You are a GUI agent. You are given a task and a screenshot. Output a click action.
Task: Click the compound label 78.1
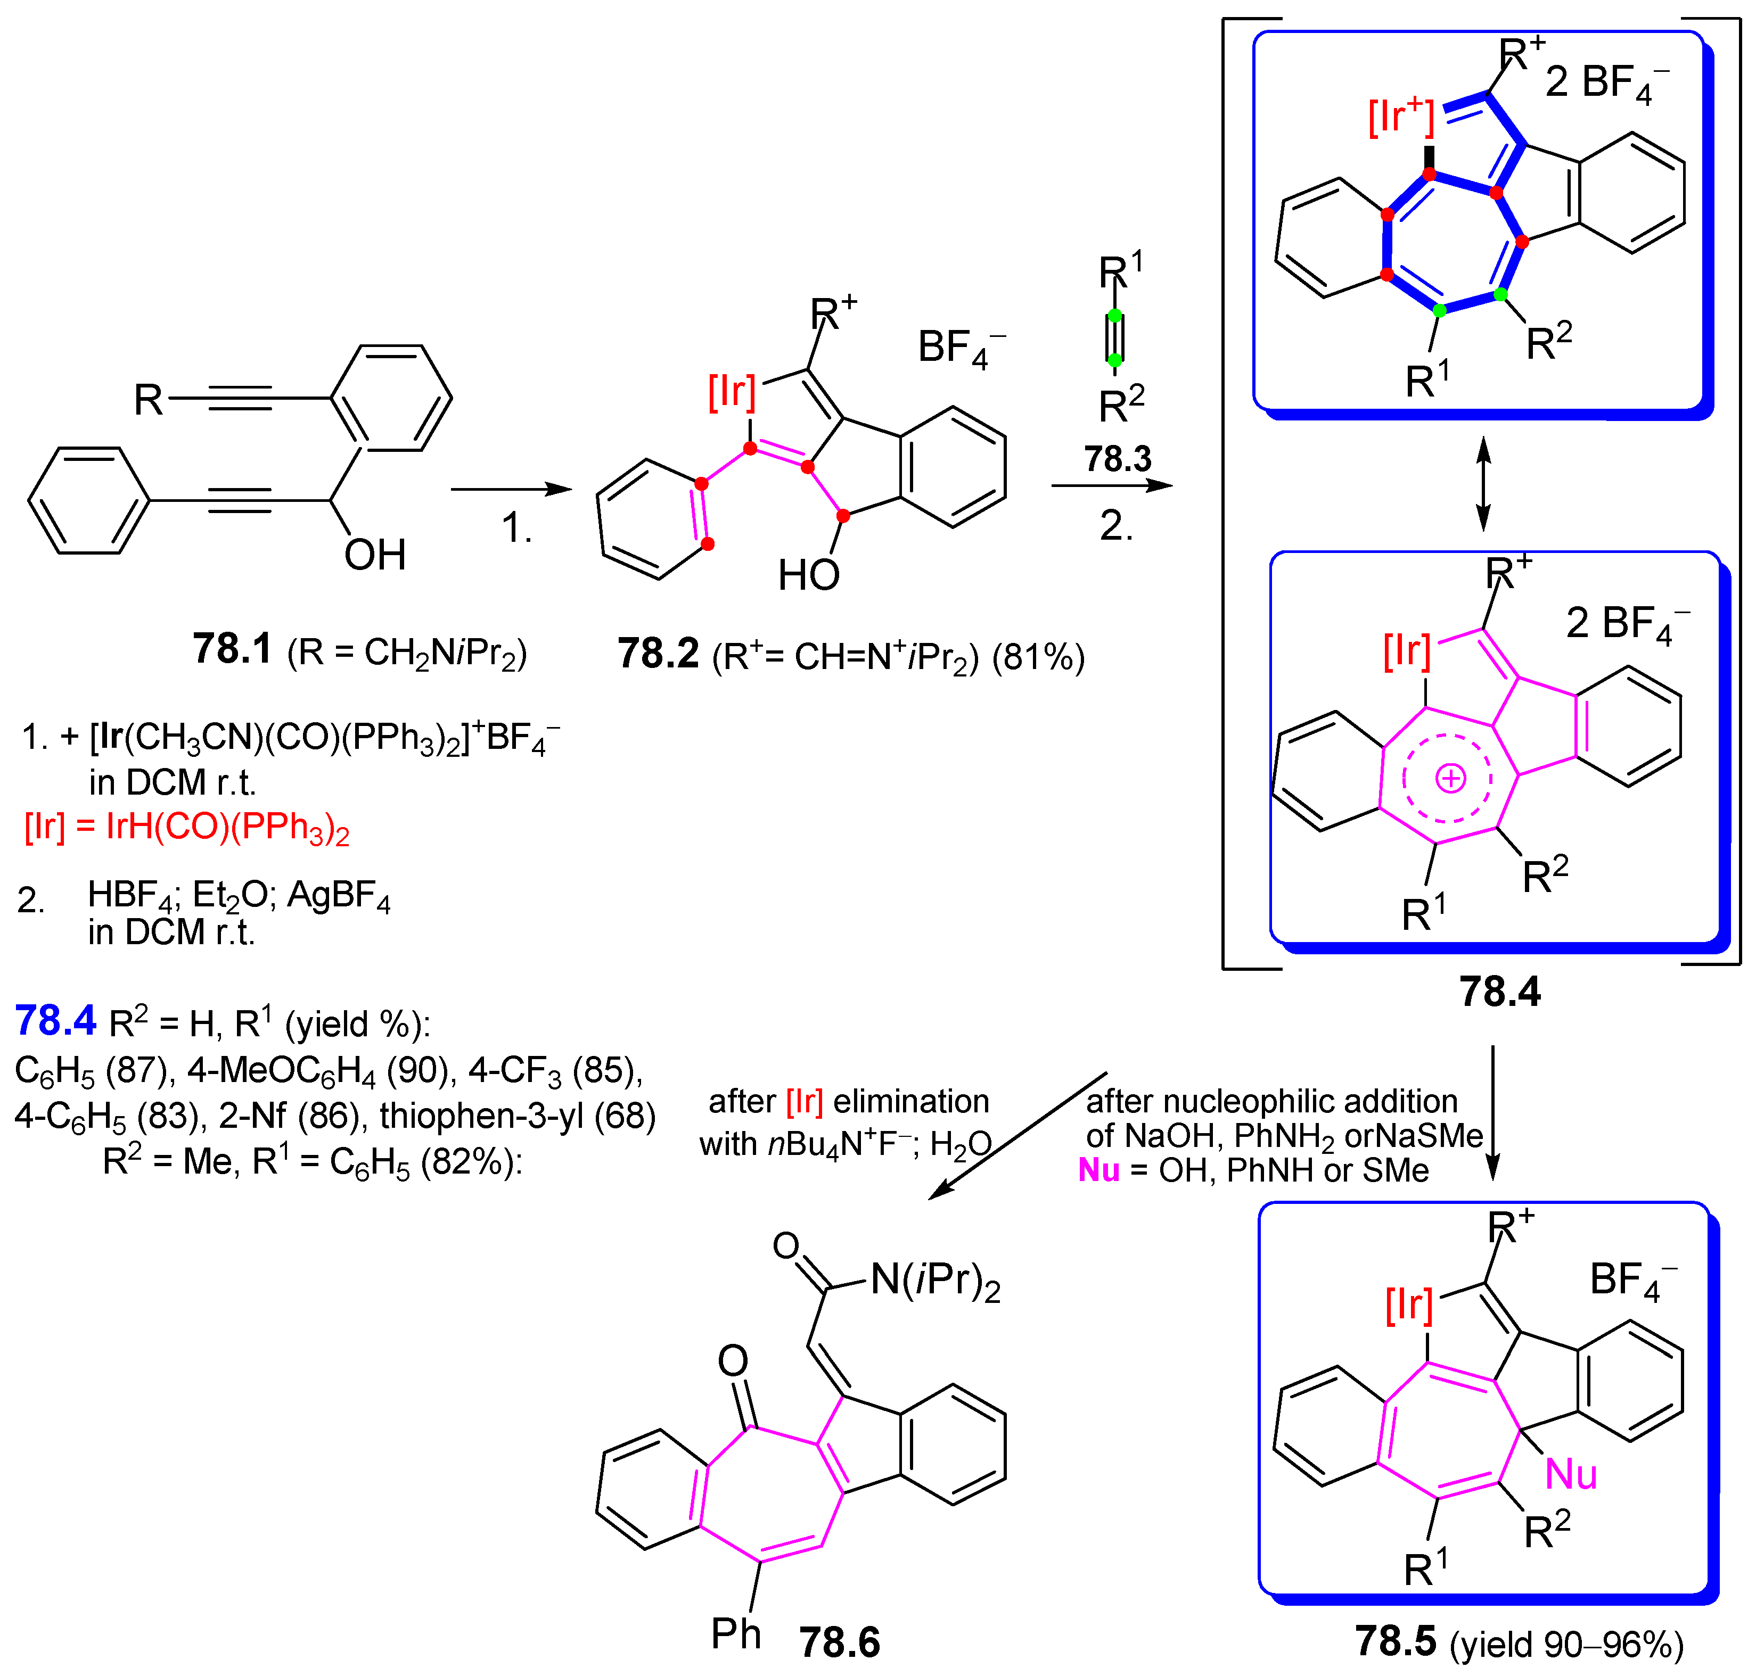[232, 649]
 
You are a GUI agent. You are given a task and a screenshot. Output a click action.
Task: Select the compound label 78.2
[658, 654]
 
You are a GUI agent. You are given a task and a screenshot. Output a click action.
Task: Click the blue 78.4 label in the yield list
[55, 1021]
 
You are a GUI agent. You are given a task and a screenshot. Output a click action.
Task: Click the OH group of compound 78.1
[374, 555]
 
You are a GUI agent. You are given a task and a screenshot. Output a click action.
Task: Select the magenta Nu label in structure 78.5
[1570, 1474]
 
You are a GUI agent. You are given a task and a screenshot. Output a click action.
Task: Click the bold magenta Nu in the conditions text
[1098, 1170]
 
